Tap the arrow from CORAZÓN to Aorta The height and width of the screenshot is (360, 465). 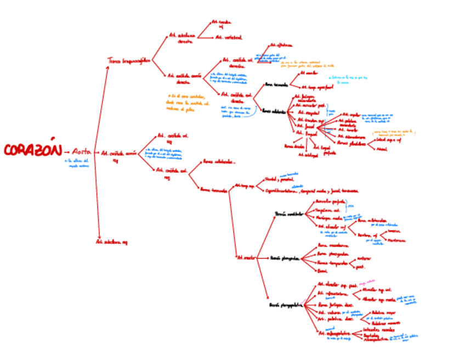[x=66, y=152]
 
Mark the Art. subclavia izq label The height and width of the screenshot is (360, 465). [x=111, y=241]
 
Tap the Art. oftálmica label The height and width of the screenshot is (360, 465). [x=282, y=46]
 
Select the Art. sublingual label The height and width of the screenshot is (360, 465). [x=308, y=155]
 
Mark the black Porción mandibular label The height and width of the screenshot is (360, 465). [x=288, y=213]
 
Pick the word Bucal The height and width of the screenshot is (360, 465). [x=322, y=271]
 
